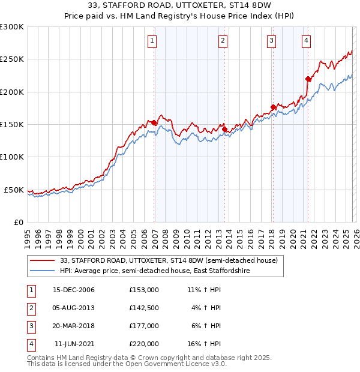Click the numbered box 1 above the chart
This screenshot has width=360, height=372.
click(x=152, y=41)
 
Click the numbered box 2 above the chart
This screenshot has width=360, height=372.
click(x=223, y=41)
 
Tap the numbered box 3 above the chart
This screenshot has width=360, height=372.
click(x=271, y=41)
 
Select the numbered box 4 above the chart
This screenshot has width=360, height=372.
click(x=306, y=41)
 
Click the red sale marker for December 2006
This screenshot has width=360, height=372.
click(x=154, y=123)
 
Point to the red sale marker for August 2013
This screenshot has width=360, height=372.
click(x=224, y=129)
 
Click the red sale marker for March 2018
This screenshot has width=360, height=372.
click(x=273, y=107)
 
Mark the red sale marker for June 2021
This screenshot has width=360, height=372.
click(x=308, y=79)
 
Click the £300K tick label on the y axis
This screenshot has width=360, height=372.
click(x=12, y=27)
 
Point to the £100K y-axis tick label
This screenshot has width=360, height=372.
click(x=12, y=157)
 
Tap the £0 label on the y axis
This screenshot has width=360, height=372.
click(x=18, y=222)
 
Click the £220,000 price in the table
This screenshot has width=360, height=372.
click(x=143, y=344)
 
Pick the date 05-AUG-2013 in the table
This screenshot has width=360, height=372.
click(x=74, y=308)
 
